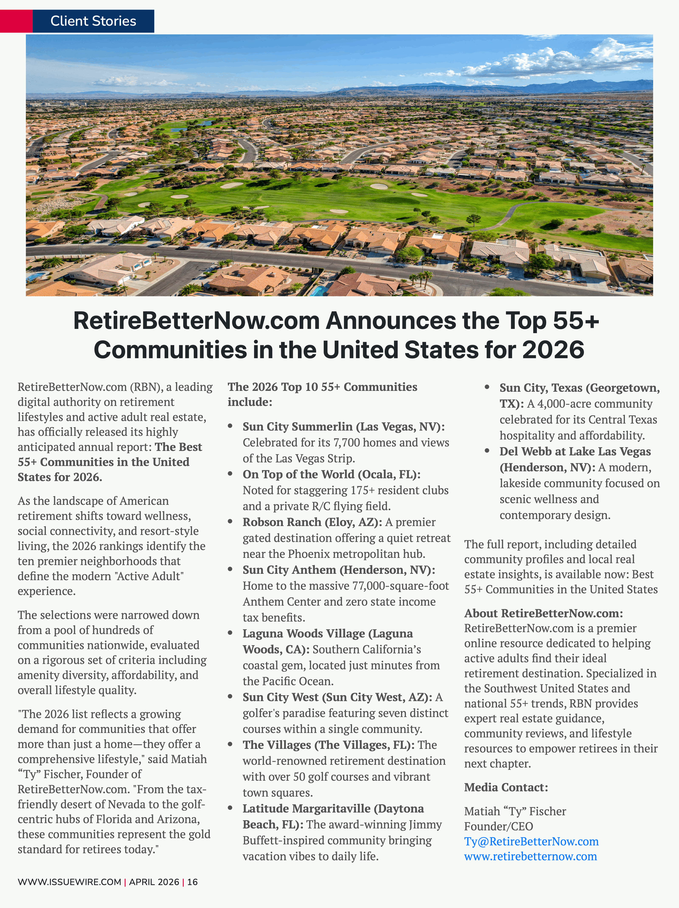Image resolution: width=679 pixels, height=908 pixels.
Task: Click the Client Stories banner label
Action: (93, 21)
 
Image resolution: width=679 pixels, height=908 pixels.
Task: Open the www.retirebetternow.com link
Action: (530, 856)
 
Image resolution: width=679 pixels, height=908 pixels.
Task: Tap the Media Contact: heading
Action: (506, 787)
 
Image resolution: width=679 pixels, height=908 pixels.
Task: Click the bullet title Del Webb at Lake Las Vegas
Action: (575, 452)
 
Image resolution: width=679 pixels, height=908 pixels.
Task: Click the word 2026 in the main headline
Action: (553, 350)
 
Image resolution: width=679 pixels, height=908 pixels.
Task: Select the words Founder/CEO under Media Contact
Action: (498, 826)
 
